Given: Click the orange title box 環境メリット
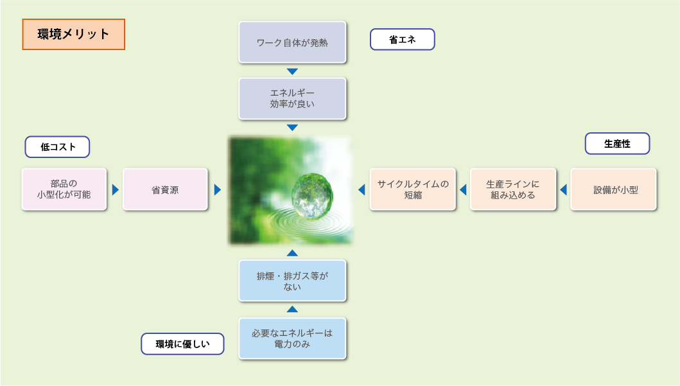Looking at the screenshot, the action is point(74,34).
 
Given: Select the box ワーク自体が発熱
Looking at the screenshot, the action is point(292,42).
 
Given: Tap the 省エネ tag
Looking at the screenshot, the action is point(403,39).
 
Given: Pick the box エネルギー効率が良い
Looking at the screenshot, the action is point(292,98).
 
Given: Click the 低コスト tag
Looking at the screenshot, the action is point(57,147).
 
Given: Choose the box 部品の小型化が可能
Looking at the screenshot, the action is point(64,189).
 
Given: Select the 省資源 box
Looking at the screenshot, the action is point(165,189).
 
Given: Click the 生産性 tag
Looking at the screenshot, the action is point(618,144).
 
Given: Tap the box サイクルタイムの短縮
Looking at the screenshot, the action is point(413,189).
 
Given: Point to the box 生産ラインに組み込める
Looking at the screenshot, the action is point(513,189).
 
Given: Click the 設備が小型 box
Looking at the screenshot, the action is point(614,189).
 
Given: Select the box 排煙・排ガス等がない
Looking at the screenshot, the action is point(292,281).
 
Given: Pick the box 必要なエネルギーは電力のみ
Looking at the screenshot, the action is point(292,338).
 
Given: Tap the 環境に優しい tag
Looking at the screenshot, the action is point(182,344).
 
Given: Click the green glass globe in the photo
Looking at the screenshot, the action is point(312,196).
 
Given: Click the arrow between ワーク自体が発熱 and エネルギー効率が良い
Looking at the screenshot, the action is point(292,71).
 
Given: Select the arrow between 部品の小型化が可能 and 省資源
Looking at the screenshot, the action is point(115,189).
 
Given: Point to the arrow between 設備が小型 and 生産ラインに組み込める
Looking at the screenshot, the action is point(563,189).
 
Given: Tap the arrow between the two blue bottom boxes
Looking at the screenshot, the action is point(292,309).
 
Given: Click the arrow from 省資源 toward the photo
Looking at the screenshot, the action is point(218,189).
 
